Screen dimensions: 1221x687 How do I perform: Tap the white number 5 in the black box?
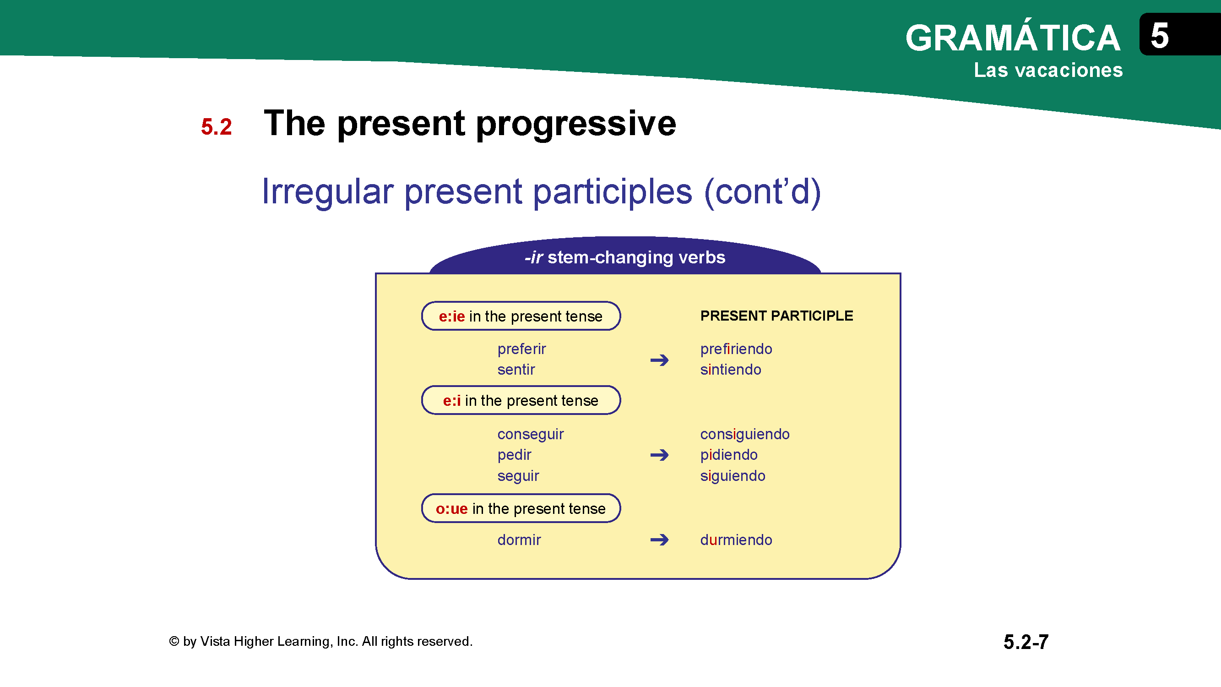pos(1159,36)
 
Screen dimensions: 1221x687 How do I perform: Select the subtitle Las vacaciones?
pos(1048,70)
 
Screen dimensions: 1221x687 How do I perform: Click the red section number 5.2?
pos(216,126)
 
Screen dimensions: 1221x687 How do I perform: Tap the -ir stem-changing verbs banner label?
pos(625,257)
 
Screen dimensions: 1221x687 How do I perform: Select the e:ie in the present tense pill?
pos(521,316)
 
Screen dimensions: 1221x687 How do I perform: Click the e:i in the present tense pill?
pos(521,400)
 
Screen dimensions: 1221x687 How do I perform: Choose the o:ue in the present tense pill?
pos(521,508)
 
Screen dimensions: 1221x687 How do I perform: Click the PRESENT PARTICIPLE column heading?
pos(776,316)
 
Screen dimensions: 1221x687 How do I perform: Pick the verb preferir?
pos(521,349)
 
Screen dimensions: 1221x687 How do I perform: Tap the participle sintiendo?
pos(730,369)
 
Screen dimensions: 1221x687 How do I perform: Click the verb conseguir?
pos(531,435)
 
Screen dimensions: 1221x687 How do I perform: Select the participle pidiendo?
pos(728,455)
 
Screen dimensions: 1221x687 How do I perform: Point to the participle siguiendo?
pos(733,476)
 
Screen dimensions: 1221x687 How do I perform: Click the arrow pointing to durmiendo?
pos(659,540)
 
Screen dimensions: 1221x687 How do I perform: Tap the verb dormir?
pos(519,540)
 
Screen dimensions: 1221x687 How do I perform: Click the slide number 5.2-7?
pos(1026,642)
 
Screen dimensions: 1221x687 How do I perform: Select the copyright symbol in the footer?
pos(174,642)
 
